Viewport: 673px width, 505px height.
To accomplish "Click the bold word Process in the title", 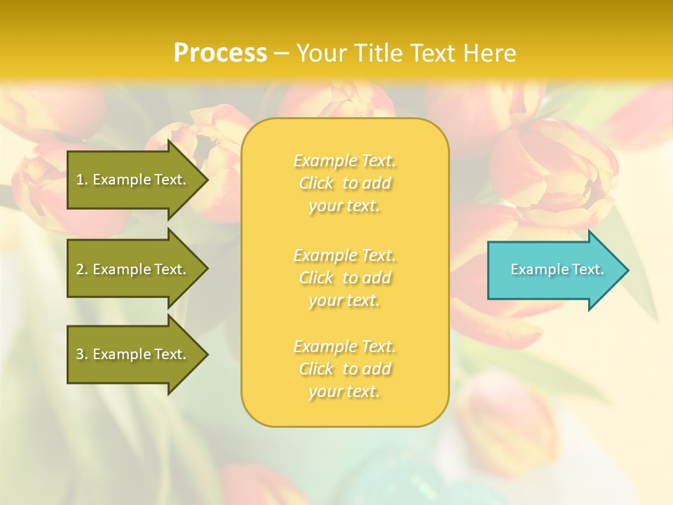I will pyautogui.click(x=220, y=53).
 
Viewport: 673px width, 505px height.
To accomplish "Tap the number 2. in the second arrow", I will pyautogui.click(x=82, y=269).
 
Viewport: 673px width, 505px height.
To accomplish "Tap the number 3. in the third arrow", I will pyautogui.click(x=82, y=354).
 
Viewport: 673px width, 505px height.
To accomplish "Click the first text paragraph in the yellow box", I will pyautogui.click(x=344, y=183).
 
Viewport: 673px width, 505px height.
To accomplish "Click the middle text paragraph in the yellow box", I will pyautogui.click(x=344, y=278).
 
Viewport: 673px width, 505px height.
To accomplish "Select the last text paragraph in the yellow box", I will pyautogui.click(x=344, y=369).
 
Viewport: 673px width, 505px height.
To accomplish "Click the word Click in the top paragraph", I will pyautogui.click(x=316, y=184).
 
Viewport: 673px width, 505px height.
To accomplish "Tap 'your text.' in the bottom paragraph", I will pyautogui.click(x=344, y=392).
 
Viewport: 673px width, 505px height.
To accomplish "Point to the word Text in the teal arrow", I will pyautogui.click(x=588, y=269).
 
